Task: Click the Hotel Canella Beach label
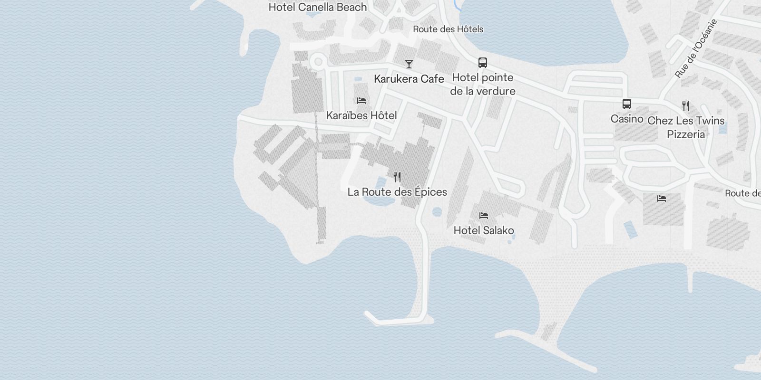[x=318, y=7]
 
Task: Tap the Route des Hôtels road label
[x=448, y=29]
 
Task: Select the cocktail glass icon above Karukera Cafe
[x=409, y=64]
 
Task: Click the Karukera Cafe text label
[x=409, y=79]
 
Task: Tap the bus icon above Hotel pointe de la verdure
[x=482, y=62]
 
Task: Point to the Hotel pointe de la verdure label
[x=482, y=84]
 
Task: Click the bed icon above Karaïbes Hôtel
[x=361, y=100]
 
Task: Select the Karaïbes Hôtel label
[x=361, y=115]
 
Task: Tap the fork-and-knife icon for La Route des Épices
[x=397, y=177]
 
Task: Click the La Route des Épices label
[x=397, y=192]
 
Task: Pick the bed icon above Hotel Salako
[x=484, y=216]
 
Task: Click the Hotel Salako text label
[x=484, y=230]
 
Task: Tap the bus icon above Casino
[x=627, y=104]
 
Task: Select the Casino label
[x=627, y=119]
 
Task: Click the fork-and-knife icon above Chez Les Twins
[x=685, y=105]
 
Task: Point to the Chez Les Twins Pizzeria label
[x=685, y=127]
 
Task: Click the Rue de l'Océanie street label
[x=695, y=48]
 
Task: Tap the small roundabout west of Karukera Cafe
[x=318, y=62]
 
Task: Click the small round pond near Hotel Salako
[x=437, y=211]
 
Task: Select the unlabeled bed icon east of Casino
[x=661, y=199]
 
